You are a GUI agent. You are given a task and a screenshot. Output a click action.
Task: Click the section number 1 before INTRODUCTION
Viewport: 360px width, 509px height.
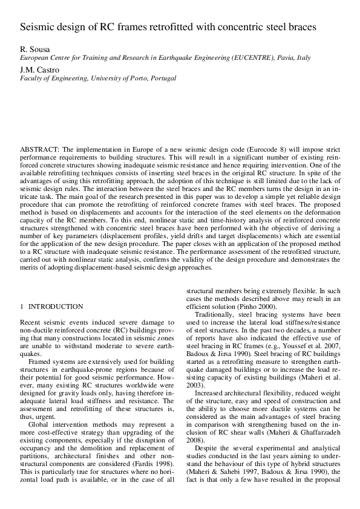[x=22, y=307]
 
